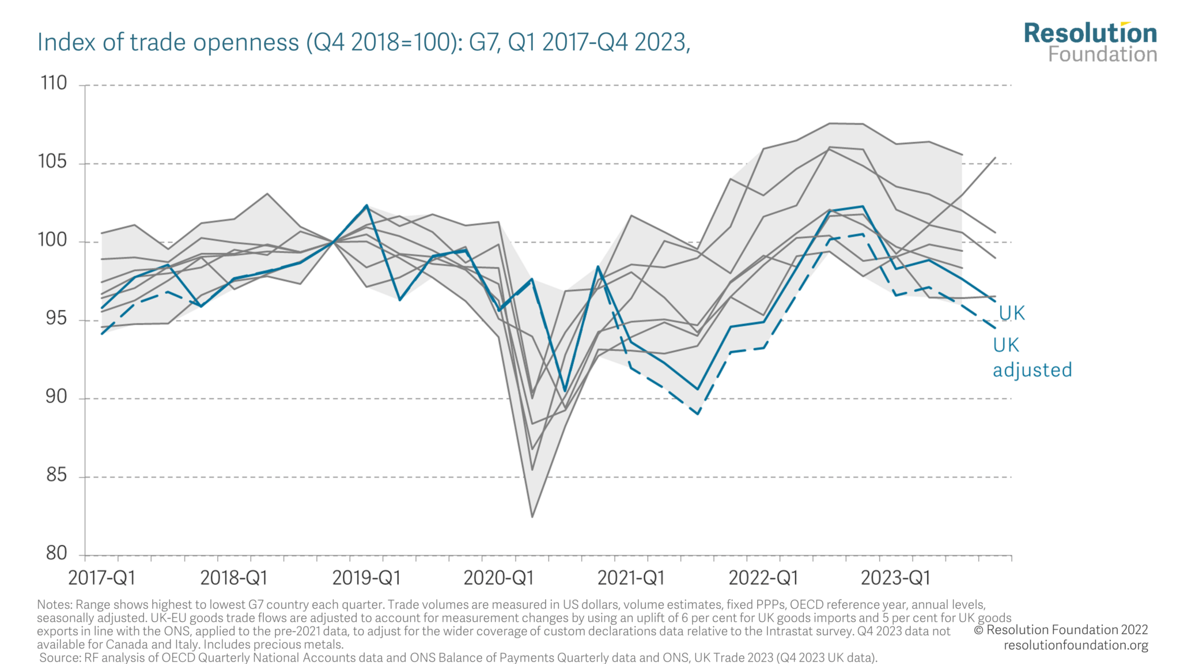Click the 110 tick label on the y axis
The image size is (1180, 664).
(x=54, y=84)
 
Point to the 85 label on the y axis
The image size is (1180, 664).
(x=56, y=476)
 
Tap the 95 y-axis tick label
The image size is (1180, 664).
(x=56, y=319)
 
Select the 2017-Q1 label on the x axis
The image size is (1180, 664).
(x=101, y=578)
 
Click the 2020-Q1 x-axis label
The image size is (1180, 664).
(x=498, y=578)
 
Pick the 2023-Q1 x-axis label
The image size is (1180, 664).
(x=895, y=578)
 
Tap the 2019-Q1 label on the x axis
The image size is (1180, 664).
(x=366, y=578)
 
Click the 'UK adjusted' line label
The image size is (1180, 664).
(x=1031, y=358)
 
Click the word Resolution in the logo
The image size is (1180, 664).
(x=1090, y=33)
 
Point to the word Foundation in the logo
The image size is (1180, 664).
(x=1102, y=55)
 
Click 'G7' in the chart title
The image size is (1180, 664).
(x=483, y=43)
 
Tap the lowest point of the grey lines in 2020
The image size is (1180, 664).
(x=532, y=516)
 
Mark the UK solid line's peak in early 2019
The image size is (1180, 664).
(x=366, y=205)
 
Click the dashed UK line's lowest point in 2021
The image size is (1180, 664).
(x=698, y=414)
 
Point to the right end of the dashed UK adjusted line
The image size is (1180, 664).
(x=995, y=328)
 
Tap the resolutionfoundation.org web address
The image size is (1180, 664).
(x=1076, y=645)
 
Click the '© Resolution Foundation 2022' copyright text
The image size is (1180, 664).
(x=1060, y=630)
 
